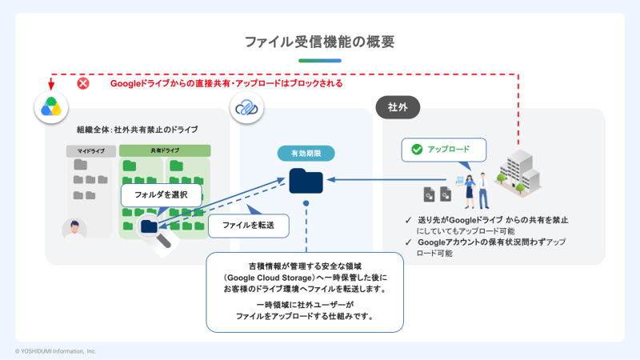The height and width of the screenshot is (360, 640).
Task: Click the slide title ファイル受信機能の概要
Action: [319, 42]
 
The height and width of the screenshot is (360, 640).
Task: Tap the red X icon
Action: [83, 83]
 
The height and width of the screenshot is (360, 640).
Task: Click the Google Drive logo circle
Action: [51, 107]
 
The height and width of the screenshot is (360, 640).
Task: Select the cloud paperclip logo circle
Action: [246, 107]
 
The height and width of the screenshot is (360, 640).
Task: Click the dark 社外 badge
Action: [398, 107]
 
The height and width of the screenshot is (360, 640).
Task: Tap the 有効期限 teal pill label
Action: [306, 154]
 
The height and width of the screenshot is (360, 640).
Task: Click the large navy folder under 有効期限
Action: [306, 181]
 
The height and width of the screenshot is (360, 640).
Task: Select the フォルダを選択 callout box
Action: [162, 194]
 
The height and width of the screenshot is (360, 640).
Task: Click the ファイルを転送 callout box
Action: [248, 226]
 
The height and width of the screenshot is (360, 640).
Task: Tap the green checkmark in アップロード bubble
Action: [417, 150]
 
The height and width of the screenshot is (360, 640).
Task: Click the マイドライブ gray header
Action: [91, 151]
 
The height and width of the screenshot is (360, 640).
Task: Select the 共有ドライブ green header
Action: [165, 150]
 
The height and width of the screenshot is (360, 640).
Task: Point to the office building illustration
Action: [518, 173]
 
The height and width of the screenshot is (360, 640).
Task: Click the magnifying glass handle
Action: [164, 241]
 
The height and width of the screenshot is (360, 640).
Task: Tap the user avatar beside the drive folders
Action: [74, 229]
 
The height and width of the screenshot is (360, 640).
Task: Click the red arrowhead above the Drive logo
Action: [51, 86]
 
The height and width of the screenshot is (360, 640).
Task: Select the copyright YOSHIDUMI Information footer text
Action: [55, 351]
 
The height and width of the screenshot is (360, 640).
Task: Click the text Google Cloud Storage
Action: [270, 278]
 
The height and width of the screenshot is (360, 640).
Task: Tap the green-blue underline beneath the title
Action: [320, 61]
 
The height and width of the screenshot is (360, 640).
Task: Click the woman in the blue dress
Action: [470, 191]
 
